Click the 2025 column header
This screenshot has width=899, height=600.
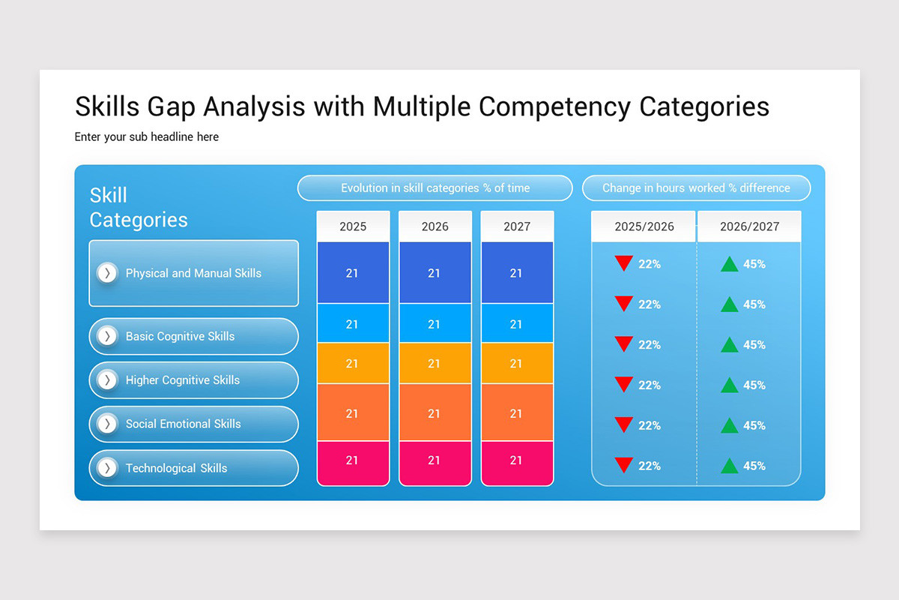(353, 226)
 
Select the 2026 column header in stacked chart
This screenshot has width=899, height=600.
(435, 226)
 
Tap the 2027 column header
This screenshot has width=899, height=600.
(517, 226)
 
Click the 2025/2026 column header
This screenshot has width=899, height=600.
(644, 226)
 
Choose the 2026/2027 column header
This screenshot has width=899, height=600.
(749, 226)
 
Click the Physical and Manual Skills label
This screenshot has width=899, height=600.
(193, 273)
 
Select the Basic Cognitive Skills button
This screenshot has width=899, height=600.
(193, 336)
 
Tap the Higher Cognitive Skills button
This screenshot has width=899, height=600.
(193, 380)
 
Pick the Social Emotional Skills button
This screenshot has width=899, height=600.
(193, 424)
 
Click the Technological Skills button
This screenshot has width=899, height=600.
(193, 468)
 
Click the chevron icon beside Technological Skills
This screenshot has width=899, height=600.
(108, 468)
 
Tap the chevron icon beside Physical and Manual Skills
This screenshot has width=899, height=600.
(108, 273)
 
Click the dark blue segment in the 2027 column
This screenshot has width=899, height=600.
(517, 273)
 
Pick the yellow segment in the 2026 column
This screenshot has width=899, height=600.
(435, 364)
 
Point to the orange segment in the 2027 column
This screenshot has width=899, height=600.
(517, 412)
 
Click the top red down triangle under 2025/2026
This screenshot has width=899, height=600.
(623, 263)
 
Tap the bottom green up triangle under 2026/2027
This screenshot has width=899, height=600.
(729, 466)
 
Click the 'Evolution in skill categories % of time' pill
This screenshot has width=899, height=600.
(435, 188)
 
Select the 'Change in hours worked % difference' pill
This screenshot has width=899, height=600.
(696, 188)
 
